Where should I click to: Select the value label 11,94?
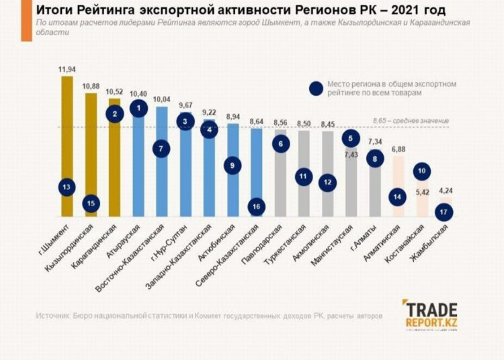point(67,69)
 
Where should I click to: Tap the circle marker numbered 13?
point(67,188)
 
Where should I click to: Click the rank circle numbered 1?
point(138,108)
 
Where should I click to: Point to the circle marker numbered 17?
point(444,212)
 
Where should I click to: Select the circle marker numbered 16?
point(257,206)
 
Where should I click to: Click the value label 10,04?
point(162,99)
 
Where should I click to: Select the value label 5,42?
point(421,191)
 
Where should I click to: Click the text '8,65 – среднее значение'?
point(410,120)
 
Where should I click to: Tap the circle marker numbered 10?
point(421,171)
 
